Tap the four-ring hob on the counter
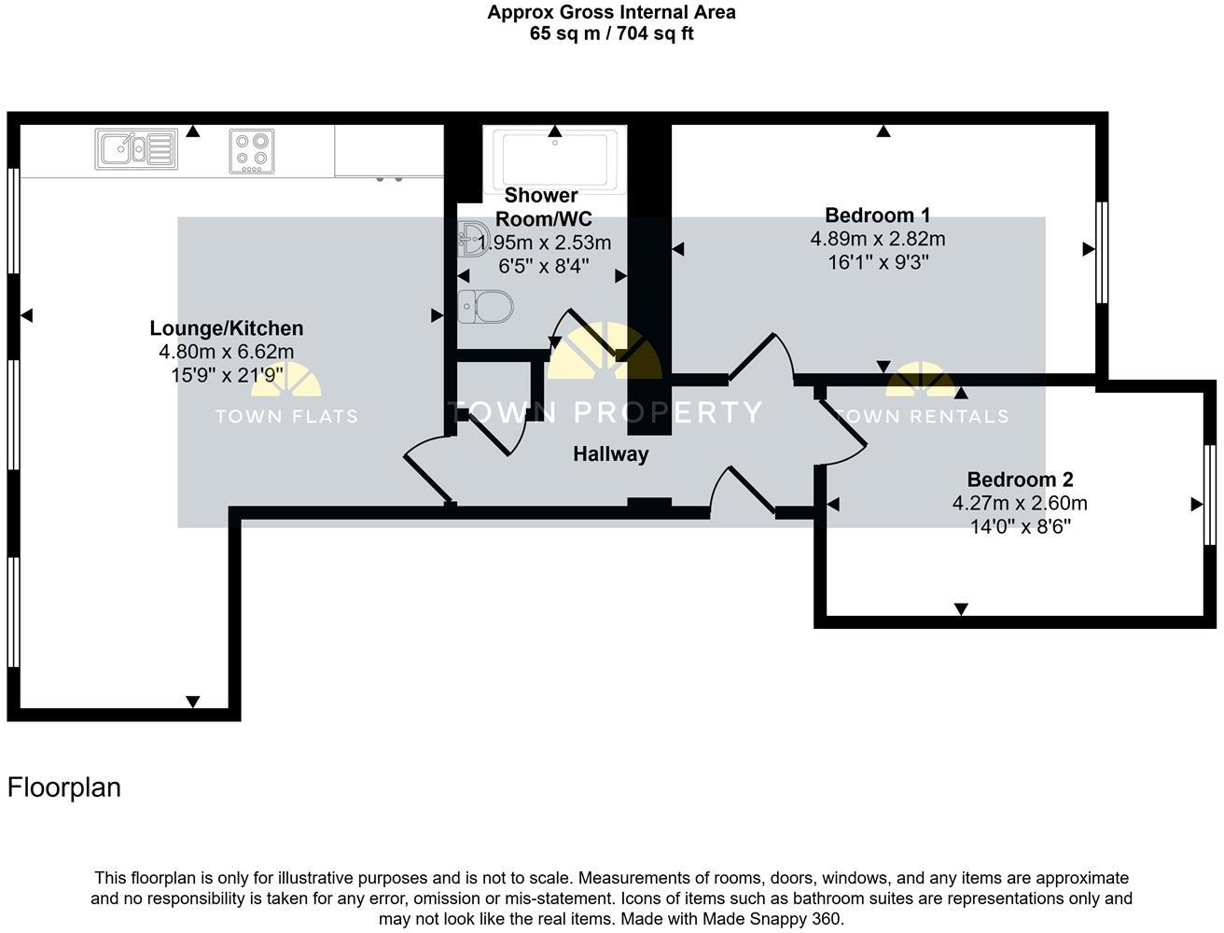(252, 151)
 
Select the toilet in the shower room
(486, 306)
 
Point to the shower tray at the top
(555, 160)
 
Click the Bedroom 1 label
(877, 216)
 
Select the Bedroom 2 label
(1020, 480)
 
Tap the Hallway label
(610, 454)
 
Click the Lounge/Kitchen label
(227, 328)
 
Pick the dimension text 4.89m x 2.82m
(877, 239)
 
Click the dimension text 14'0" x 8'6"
(1020, 526)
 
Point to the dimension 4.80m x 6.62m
(227, 352)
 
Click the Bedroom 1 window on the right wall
(1101, 252)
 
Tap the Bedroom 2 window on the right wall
(1210, 494)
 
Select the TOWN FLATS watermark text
(286, 416)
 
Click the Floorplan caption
(64, 787)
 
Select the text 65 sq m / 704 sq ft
(611, 34)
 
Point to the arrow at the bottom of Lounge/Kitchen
(193, 702)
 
